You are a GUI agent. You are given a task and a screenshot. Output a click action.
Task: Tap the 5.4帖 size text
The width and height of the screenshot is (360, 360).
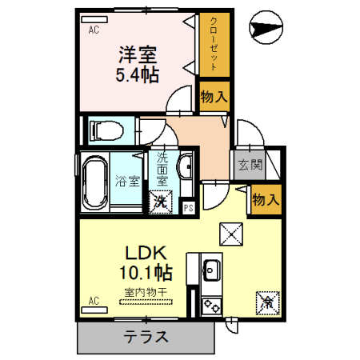tap(138, 76)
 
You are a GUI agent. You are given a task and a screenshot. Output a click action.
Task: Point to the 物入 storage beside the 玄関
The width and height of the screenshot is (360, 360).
tap(266, 199)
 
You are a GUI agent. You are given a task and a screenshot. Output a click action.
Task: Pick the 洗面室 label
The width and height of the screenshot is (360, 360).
tap(162, 168)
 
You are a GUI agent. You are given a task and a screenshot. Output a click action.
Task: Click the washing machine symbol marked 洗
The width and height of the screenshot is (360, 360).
tap(160, 201)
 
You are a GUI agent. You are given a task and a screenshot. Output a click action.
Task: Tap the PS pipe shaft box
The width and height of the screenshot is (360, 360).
tap(188, 209)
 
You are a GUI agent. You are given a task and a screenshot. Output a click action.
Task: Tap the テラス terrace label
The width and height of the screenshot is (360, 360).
tap(146, 337)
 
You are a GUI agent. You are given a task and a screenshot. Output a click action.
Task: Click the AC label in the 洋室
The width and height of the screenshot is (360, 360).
tap(94, 31)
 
